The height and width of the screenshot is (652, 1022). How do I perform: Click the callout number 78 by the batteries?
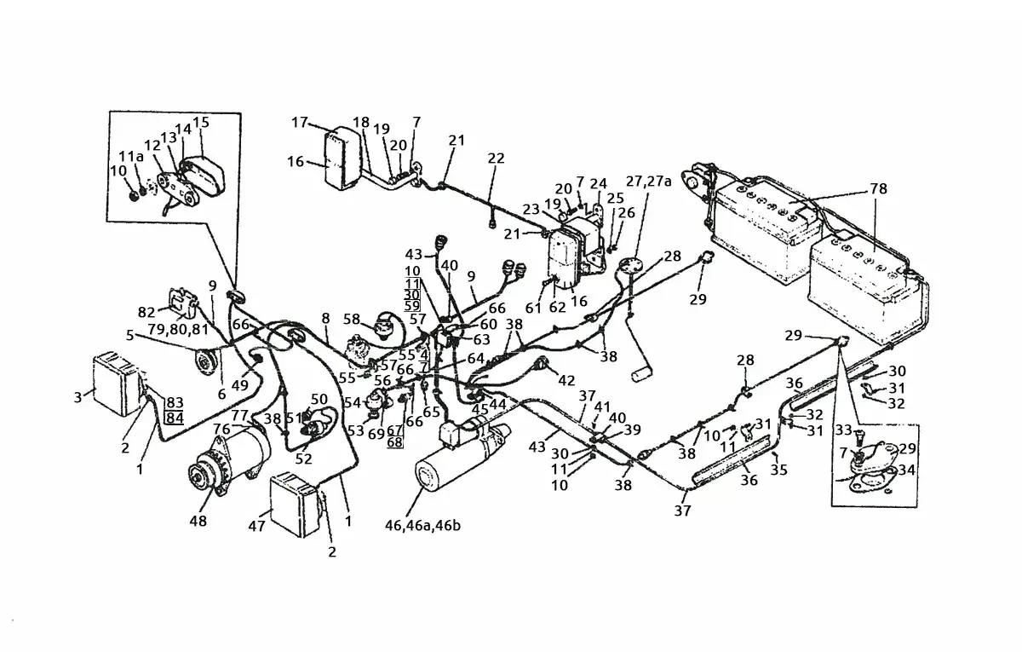pyautogui.click(x=879, y=188)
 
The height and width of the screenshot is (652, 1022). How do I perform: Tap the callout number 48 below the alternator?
pyautogui.click(x=198, y=521)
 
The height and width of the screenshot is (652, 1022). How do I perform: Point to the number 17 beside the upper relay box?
pyautogui.click(x=299, y=123)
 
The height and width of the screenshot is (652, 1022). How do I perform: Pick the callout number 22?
pyautogui.click(x=496, y=159)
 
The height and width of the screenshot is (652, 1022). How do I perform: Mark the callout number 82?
pyautogui.click(x=146, y=312)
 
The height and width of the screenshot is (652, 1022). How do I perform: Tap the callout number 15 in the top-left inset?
pyautogui.click(x=201, y=123)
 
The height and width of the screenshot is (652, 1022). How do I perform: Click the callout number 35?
pyautogui.click(x=778, y=469)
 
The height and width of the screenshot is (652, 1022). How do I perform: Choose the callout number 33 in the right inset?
pyautogui.click(x=842, y=429)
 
